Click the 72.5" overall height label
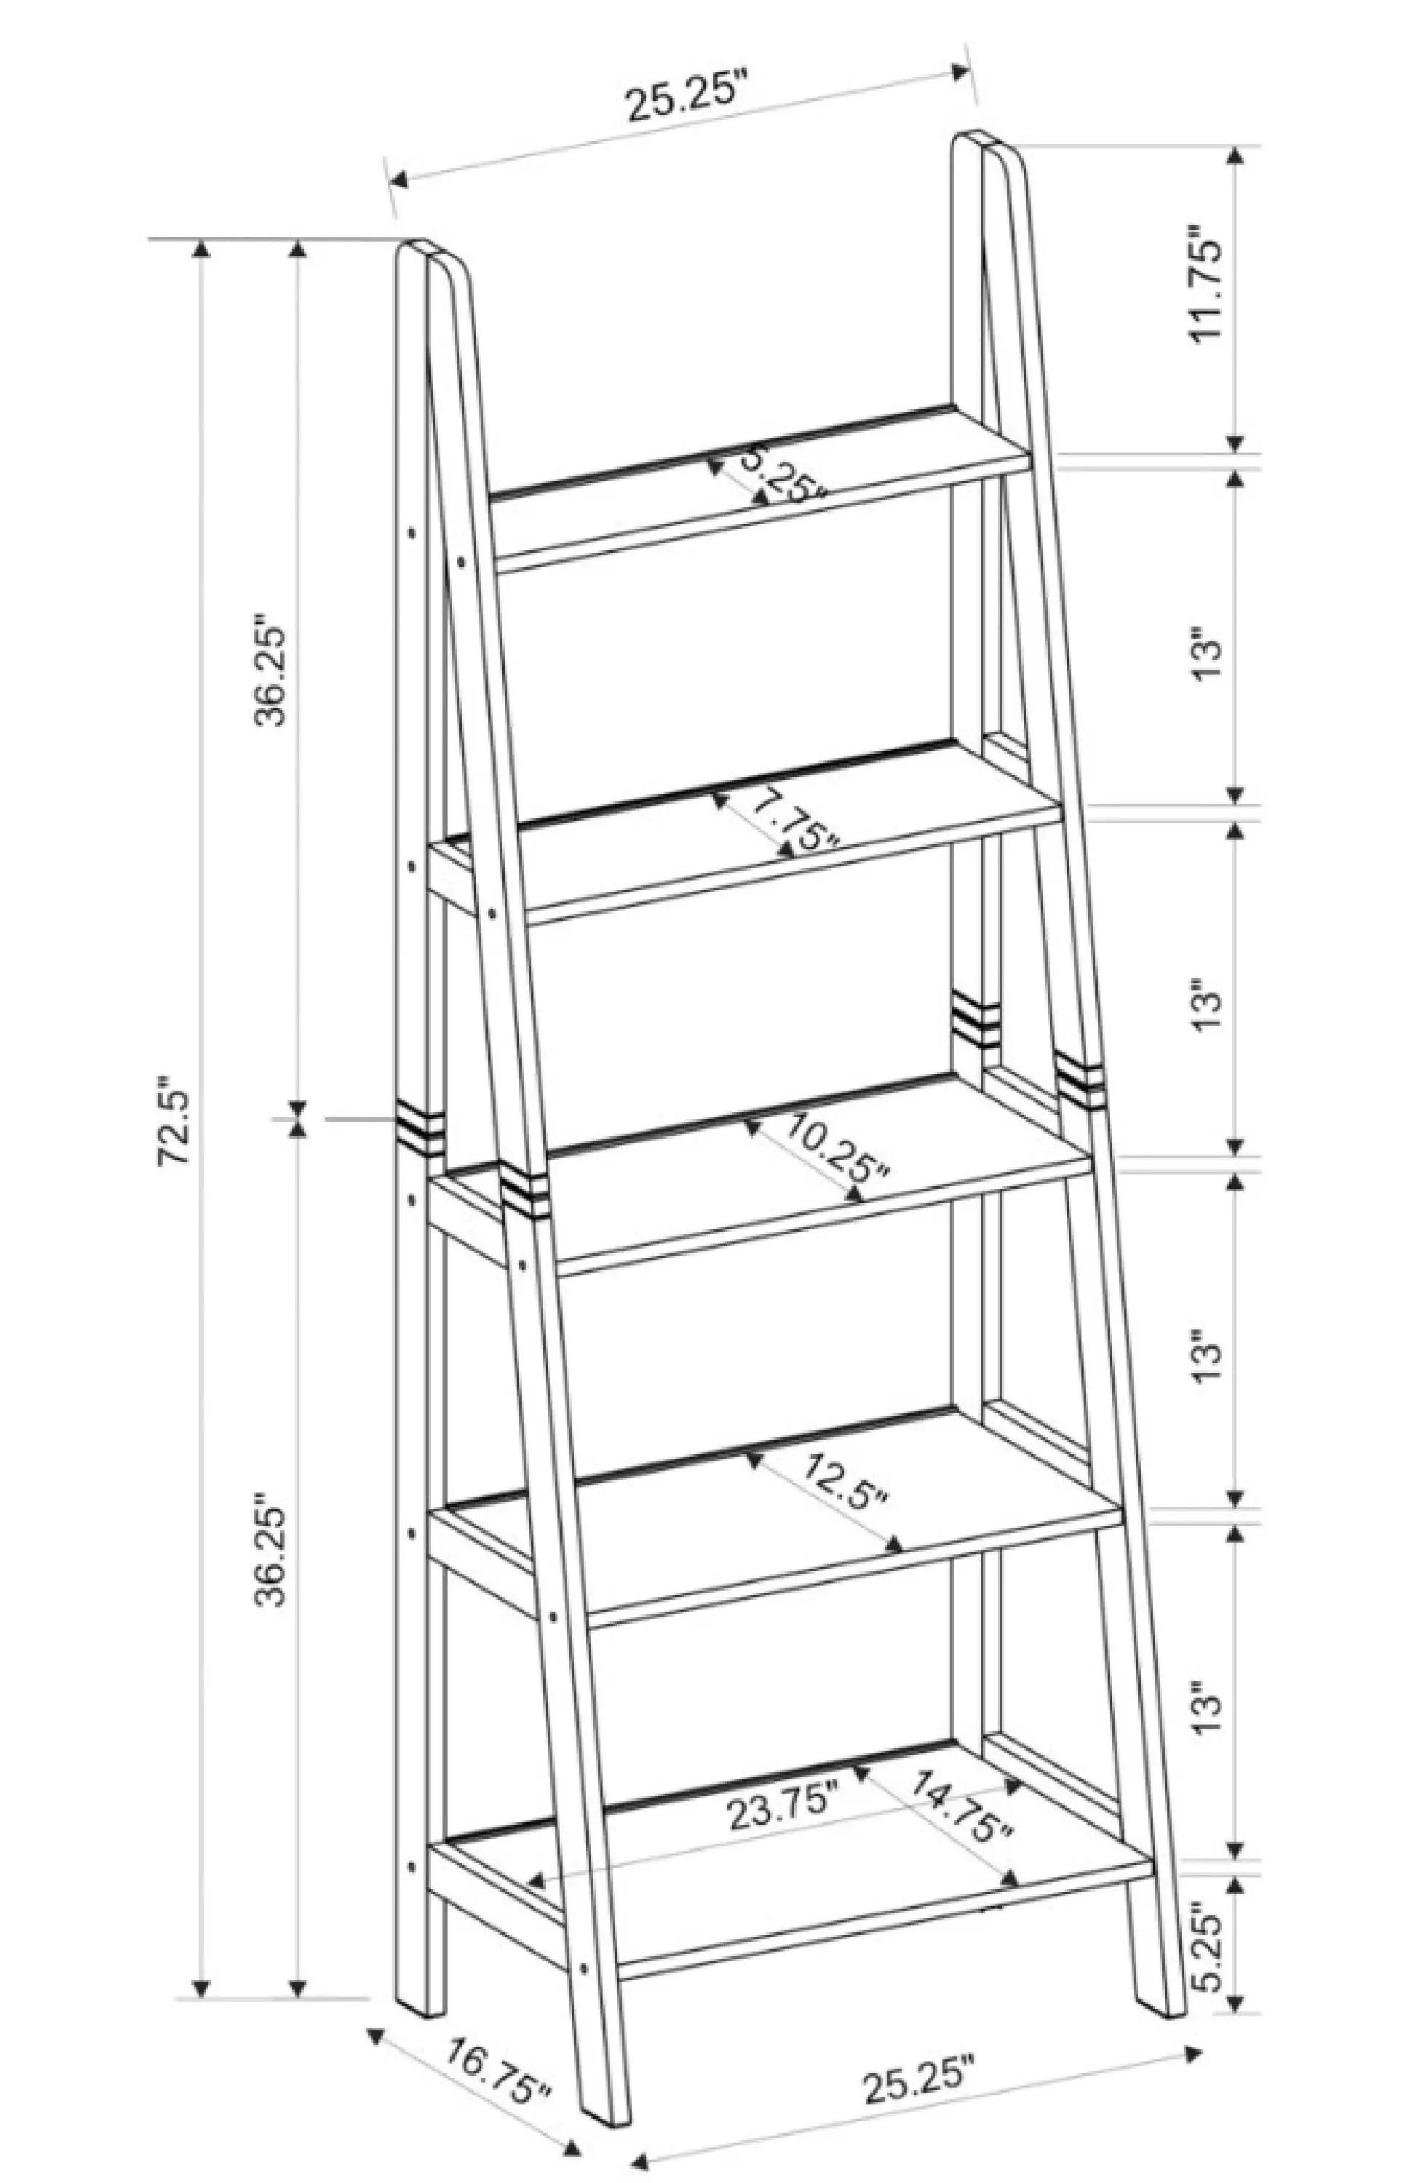173,1126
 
